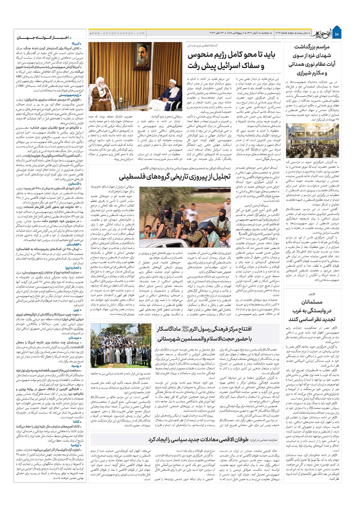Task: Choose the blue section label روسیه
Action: (76, 366)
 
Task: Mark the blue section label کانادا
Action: (77, 421)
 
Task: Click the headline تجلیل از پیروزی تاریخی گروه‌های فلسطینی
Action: (175, 177)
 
